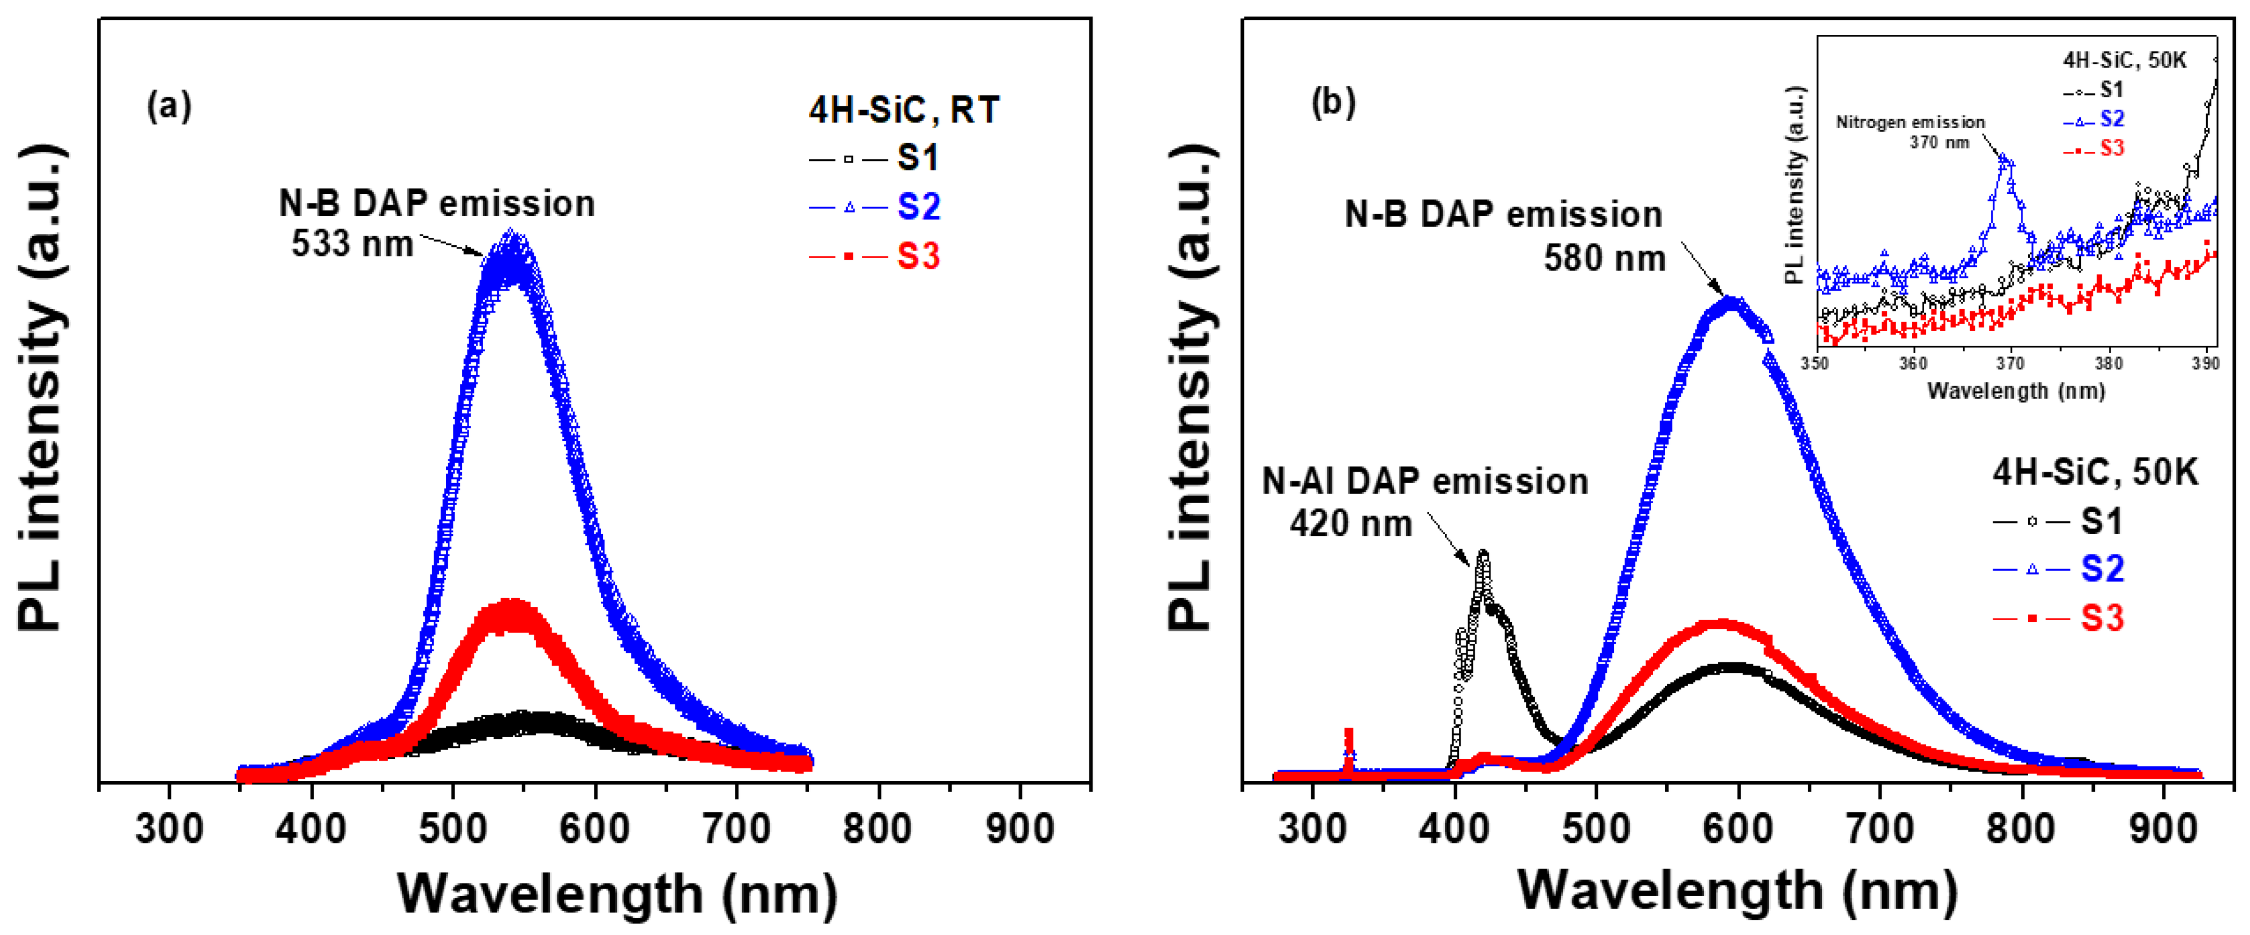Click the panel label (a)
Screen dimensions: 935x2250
[169, 107]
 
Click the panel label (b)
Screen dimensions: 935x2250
[1333, 103]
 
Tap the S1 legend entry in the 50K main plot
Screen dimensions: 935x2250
[2101, 522]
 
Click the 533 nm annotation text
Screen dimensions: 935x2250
[352, 244]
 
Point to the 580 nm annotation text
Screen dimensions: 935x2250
[1604, 259]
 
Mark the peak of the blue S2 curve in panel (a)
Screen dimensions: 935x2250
[513, 240]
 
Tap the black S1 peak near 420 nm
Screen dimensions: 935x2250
[1482, 555]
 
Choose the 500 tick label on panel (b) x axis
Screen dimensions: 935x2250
[1595, 828]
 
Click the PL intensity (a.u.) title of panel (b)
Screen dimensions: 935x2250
[1192, 385]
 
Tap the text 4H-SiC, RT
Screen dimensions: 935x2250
[903, 111]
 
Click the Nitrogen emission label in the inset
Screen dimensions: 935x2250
[1910, 123]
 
